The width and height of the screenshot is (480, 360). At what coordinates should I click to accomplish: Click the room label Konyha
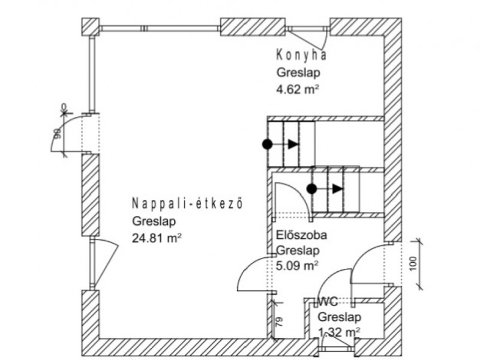(301, 56)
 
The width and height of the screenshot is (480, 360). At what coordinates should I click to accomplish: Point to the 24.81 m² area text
(157, 238)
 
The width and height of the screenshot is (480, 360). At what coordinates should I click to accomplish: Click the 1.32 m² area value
(339, 332)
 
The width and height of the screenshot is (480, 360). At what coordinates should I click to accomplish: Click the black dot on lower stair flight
(311, 188)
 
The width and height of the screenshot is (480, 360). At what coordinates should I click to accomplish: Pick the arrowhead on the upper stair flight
(293, 144)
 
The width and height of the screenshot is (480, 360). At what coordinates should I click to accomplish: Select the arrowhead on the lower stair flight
(338, 188)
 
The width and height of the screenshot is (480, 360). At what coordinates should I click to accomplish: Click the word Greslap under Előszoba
(298, 250)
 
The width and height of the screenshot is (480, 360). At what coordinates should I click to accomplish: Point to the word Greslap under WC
(338, 317)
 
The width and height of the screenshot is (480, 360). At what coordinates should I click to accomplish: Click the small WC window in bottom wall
(337, 347)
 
